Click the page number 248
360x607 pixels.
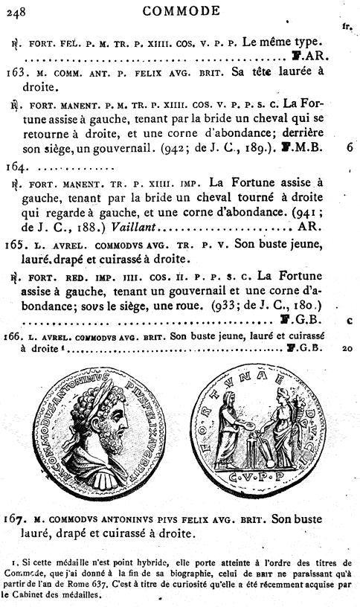click(16, 10)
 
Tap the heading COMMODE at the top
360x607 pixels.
click(180, 10)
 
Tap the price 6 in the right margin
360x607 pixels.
click(349, 147)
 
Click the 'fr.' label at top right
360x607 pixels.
click(347, 27)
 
